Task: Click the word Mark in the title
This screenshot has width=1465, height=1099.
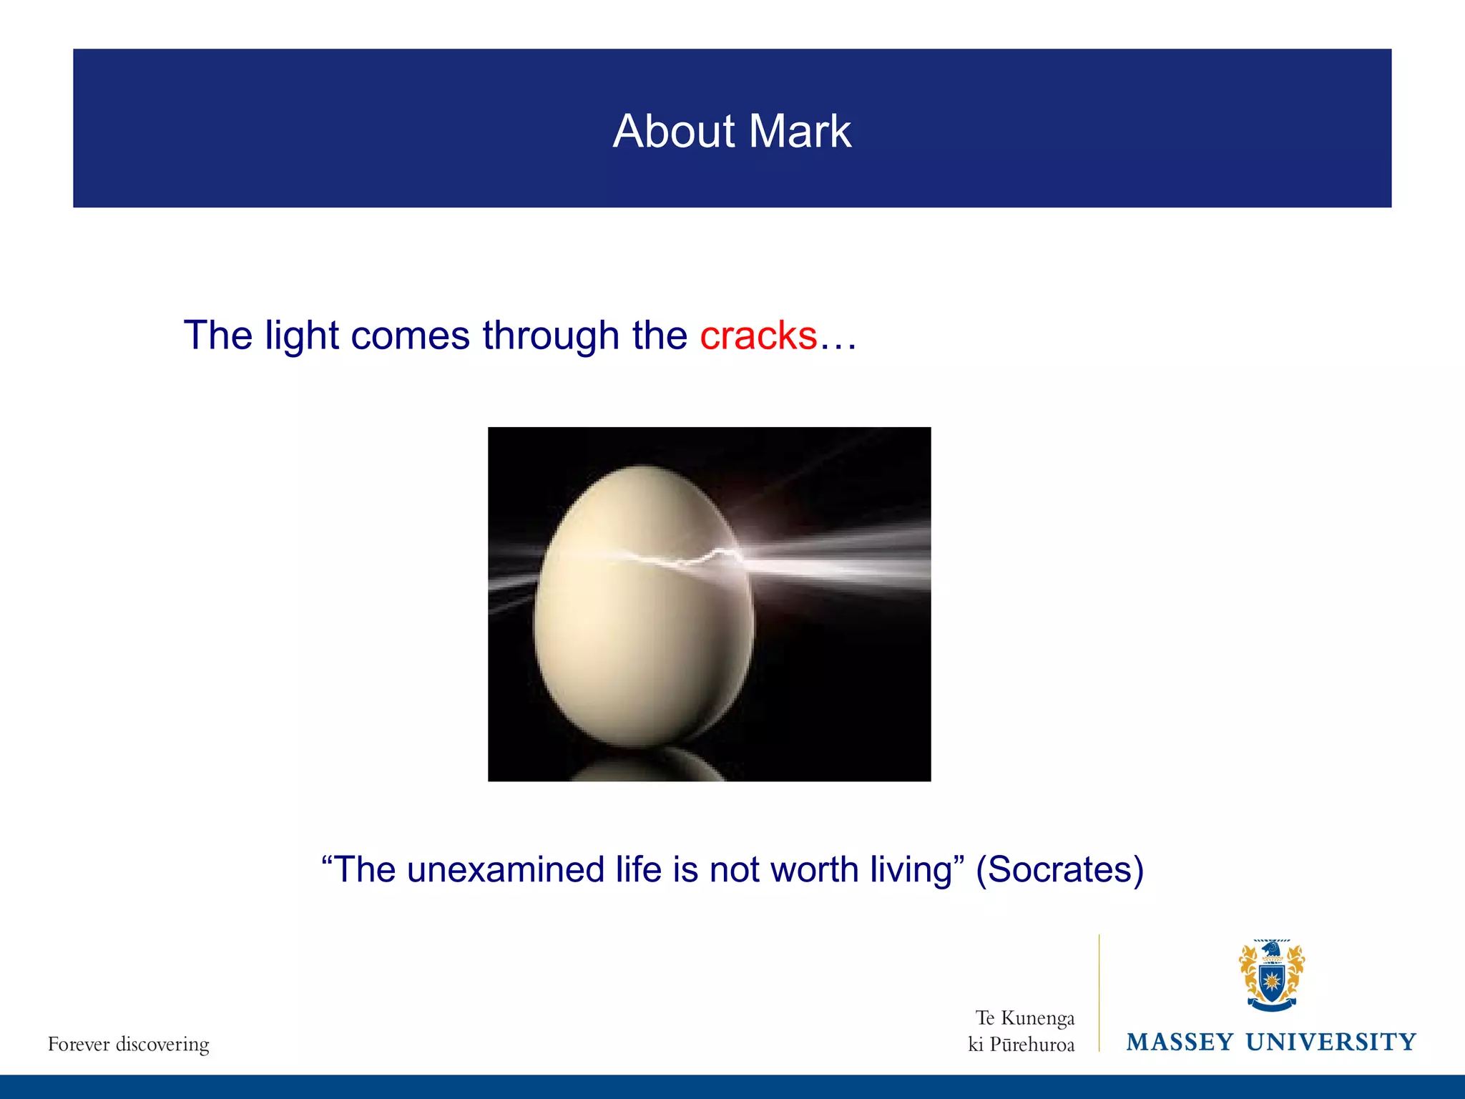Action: (800, 132)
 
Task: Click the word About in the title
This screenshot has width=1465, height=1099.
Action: (673, 132)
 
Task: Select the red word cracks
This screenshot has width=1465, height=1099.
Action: (758, 336)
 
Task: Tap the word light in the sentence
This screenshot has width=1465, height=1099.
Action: (301, 336)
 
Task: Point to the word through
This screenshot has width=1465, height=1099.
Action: (550, 336)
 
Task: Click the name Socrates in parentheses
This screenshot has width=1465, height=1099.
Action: (1059, 870)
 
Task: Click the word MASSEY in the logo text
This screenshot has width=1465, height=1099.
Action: (1180, 1042)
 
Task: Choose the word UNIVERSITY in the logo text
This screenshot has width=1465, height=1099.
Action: (1331, 1042)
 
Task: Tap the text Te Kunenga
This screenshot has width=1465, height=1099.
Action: (1024, 1018)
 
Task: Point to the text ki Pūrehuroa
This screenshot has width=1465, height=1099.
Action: (1021, 1045)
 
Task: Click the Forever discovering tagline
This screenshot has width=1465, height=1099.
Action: (129, 1045)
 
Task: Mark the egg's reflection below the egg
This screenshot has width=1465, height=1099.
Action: (651, 766)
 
